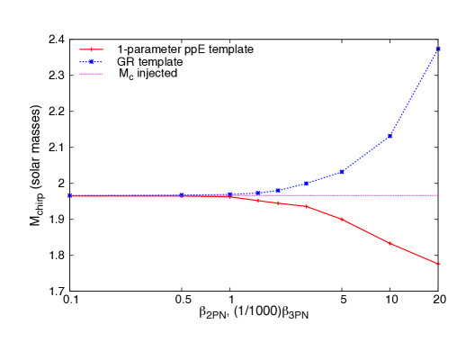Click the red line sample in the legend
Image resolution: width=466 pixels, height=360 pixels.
(x=91, y=49)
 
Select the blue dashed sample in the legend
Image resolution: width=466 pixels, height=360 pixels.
(x=91, y=61)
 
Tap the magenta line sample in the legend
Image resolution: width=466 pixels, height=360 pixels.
(x=91, y=74)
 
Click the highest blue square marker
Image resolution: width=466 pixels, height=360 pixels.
(x=437, y=49)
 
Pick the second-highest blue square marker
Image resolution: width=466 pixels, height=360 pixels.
(x=390, y=136)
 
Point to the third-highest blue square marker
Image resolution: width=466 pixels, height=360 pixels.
(x=342, y=171)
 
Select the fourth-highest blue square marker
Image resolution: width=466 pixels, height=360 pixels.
(x=306, y=184)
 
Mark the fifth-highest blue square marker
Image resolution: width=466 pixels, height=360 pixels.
(x=277, y=190)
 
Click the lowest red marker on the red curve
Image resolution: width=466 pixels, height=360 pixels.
(x=437, y=264)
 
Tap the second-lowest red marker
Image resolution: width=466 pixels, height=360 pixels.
(x=390, y=243)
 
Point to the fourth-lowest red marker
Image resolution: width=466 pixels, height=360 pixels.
(x=306, y=206)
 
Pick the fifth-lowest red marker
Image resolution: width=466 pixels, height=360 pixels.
(x=277, y=202)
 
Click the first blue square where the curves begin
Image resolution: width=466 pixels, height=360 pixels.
(x=69, y=194)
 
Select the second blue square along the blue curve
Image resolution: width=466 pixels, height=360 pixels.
(x=182, y=194)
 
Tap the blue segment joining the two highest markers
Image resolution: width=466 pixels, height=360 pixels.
(x=414, y=92)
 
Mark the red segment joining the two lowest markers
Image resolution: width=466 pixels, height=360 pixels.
(x=414, y=254)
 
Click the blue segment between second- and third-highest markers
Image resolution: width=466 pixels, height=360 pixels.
(x=366, y=154)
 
